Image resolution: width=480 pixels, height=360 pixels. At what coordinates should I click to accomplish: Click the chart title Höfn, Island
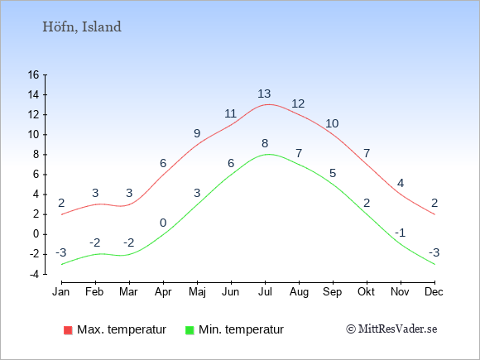[82, 27]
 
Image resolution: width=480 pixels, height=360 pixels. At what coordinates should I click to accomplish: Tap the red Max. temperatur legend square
[68, 330]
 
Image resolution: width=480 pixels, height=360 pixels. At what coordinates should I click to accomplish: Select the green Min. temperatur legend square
[190, 330]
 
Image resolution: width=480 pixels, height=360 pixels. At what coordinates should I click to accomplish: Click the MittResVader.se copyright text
[391, 329]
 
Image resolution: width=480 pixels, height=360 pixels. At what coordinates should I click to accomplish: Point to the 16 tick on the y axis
[33, 74]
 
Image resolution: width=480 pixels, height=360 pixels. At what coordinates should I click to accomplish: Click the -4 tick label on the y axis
[34, 274]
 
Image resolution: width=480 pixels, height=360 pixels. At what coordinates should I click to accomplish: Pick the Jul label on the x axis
[265, 292]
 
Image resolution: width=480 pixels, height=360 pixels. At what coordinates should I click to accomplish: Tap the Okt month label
[366, 292]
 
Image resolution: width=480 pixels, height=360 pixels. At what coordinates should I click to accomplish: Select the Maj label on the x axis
[197, 292]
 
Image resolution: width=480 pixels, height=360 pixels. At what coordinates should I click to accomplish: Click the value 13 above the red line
[264, 94]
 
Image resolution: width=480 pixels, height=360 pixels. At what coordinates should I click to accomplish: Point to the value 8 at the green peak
[265, 143]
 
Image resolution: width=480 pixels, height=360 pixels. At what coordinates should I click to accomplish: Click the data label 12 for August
[298, 103]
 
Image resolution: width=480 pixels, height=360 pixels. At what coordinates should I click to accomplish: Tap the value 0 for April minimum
[163, 223]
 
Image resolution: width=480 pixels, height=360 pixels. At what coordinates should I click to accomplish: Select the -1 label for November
[400, 233]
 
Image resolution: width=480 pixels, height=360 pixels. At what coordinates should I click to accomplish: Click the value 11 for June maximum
[231, 114]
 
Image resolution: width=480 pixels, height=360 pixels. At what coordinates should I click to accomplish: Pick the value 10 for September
[332, 123]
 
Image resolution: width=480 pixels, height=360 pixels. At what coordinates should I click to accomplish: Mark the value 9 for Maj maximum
[197, 133]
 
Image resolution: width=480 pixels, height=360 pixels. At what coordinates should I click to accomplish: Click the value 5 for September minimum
[333, 173]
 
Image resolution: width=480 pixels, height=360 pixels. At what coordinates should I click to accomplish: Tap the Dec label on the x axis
[434, 292]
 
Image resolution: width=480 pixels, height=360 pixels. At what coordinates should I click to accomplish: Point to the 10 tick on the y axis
[33, 135]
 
